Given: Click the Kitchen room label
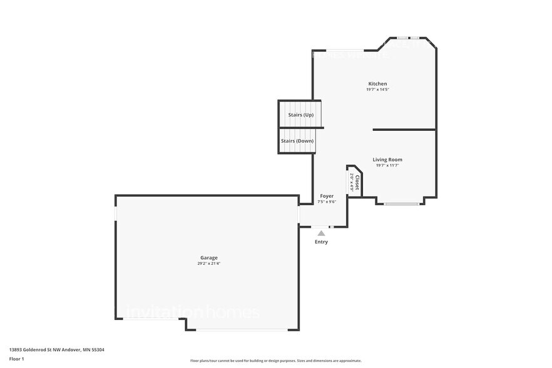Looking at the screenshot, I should point(377,84).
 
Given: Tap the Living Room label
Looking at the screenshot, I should point(387,160).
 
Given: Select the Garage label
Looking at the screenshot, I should point(209,258).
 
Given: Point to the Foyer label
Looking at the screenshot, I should point(327,196).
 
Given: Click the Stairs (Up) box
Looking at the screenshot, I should point(300,115).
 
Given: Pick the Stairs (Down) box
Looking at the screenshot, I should point(297,141).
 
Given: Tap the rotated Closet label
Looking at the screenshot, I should point(357,183).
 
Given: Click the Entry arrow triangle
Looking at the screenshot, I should point(321,233).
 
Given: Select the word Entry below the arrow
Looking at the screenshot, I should point(321,242).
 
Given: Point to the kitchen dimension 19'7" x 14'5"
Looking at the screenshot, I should point(377,89).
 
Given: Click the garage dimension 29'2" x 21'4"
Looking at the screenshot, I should point(209,263).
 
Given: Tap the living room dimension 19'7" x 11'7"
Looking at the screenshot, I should point(387,165).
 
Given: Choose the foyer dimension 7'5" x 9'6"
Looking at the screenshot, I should point(327,202).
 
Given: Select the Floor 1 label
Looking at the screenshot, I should point(16,359).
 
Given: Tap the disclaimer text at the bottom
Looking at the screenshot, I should point(275,360).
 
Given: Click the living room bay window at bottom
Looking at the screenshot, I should point(401,204).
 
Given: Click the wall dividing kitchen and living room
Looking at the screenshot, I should point(404,130).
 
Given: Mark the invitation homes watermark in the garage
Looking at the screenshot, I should point(188,312).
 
